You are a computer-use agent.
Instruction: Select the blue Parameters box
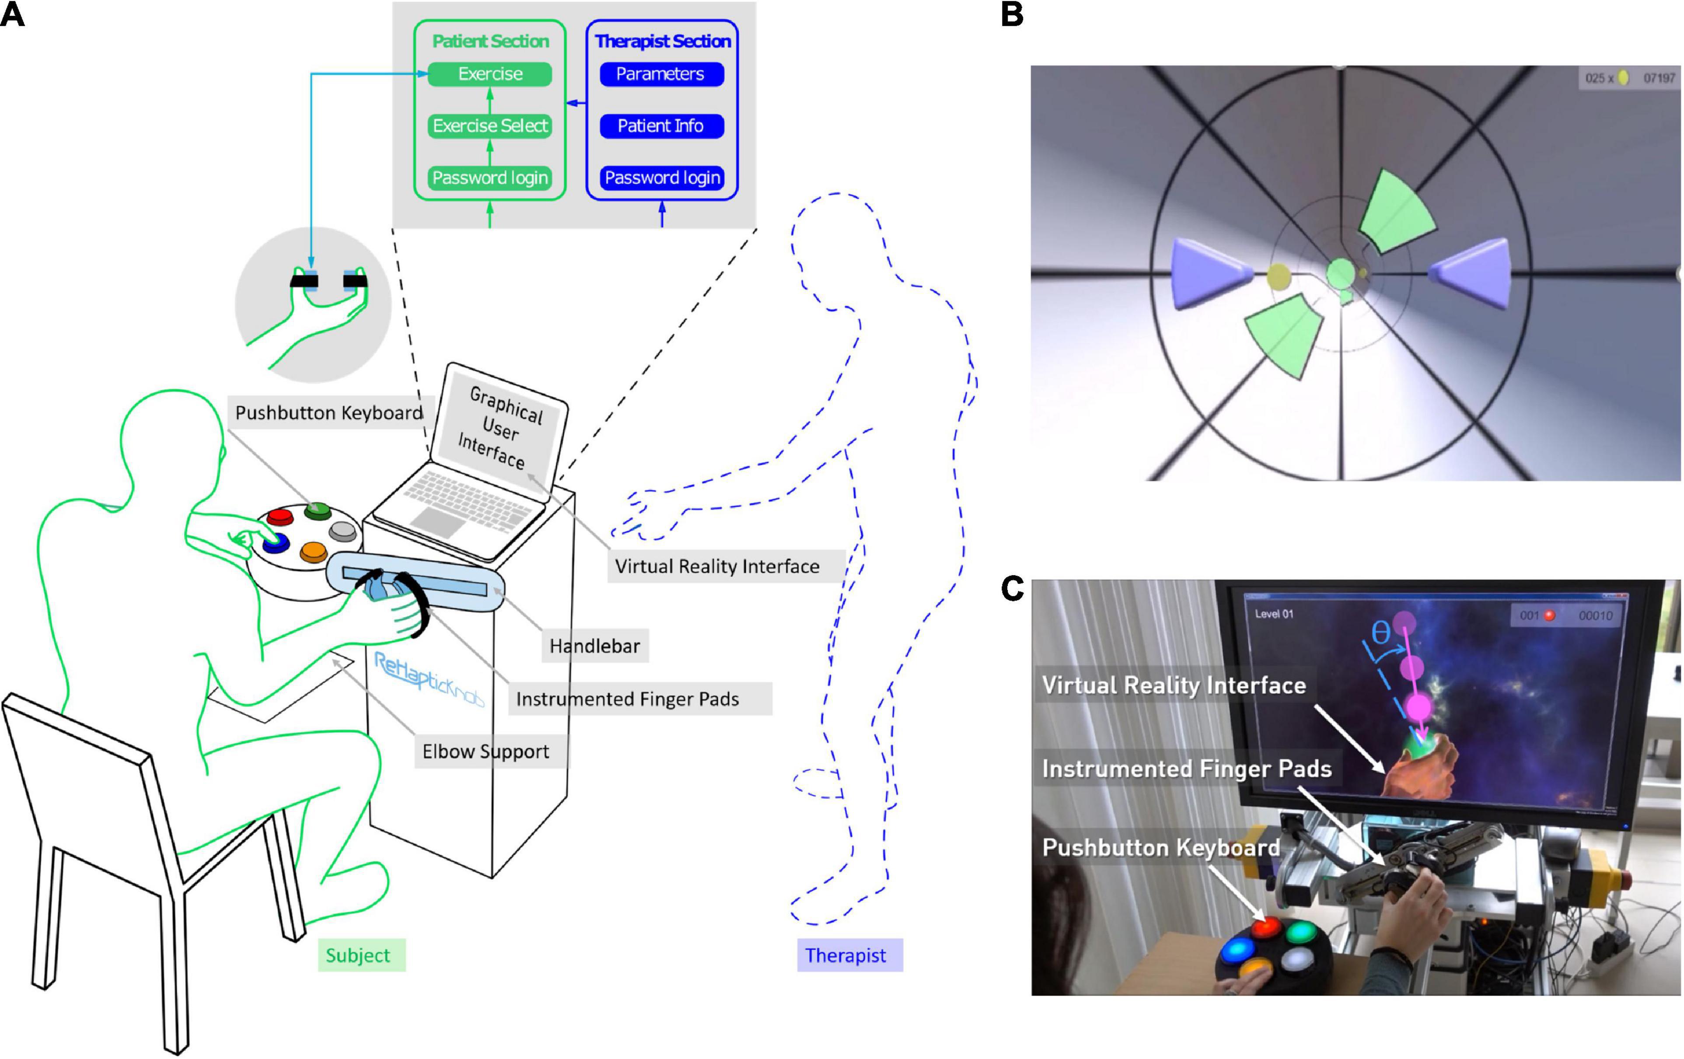click(x=661, y=74)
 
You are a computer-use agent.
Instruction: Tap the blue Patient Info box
click(x=661, y=126)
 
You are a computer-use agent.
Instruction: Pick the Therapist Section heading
click(x=662, y=41)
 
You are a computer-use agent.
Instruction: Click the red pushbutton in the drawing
click(x=280, y=517)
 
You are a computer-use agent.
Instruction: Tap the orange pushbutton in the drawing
click(x=313, y=552)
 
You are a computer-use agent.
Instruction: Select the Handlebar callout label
click(x=594, y=646)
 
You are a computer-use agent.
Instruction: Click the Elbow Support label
click(x=486, y=751)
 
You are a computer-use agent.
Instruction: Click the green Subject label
click(x=358, y=955)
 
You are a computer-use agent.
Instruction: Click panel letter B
click(x=1012, y=14)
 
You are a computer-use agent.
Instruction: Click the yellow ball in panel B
click(x=1279, y=276)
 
